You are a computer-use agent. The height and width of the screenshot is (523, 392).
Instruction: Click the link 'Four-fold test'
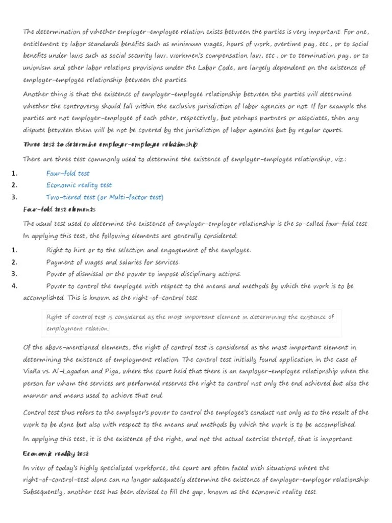tap(68, 174)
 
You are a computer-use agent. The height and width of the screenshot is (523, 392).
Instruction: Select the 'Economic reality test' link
tap(79, 185)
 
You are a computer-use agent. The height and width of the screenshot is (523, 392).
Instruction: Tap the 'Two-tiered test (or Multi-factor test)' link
tap(105, 197)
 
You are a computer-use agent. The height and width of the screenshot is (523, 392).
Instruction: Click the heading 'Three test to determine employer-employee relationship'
tap(111, 145)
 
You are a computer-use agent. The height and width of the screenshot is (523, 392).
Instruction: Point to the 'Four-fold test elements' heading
tap(60, 209)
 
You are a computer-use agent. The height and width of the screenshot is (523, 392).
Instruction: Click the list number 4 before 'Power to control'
tap(14, 286)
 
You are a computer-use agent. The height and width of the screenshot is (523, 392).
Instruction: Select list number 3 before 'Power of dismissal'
tap(14, 274)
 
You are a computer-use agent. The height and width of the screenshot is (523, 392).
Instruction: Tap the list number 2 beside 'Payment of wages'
tap(14, 262)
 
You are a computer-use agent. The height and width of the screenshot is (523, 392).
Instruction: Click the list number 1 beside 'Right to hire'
tap(14, 250)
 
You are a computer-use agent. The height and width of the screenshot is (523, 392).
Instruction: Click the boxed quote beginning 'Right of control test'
tap(190, 322)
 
